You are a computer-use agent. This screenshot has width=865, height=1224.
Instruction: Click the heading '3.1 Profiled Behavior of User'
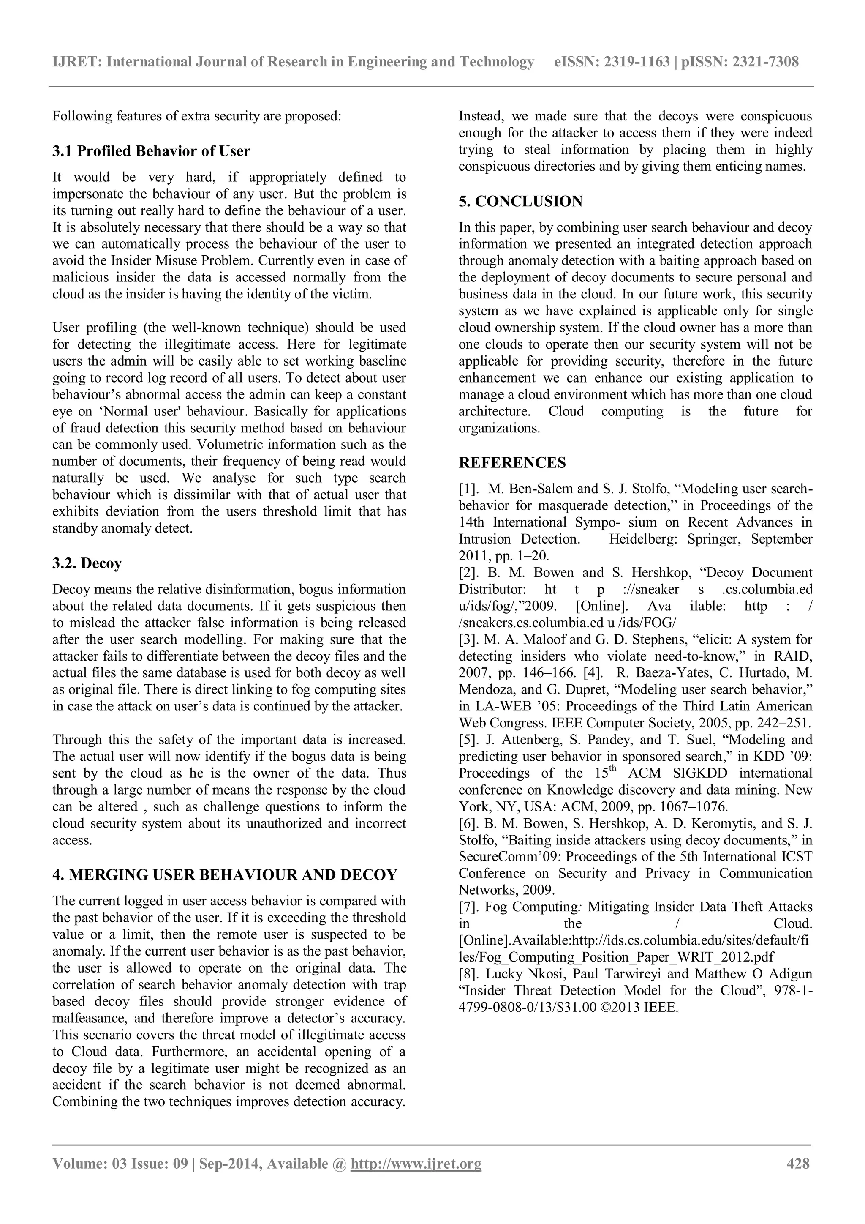coord(151,151)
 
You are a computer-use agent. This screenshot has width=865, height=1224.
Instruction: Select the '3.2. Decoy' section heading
coord(87,563)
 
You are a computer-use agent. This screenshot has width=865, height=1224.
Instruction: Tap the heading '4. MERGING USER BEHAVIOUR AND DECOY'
coord(224,875)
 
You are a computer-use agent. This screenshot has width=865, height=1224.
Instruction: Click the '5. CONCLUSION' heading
coord(520,202)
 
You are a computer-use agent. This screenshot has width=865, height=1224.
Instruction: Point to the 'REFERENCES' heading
coord(512,463)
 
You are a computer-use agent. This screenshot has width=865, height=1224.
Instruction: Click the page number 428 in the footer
coord(798,1178)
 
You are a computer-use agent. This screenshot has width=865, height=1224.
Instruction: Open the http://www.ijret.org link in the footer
coord(416,1179)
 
